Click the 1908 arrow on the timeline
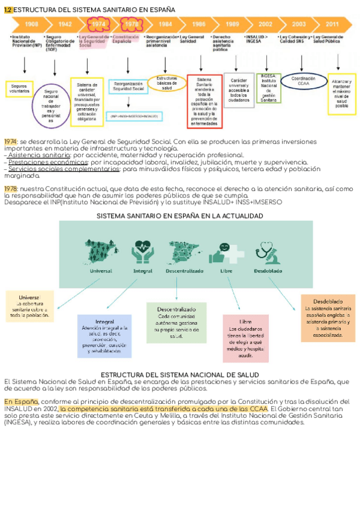coord(32,24)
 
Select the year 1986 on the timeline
coord(199,24)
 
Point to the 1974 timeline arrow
coord(98,24)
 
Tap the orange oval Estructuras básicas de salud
coord(167,83)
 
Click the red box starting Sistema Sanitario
coord(204,100)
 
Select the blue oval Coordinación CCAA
coord(304,81)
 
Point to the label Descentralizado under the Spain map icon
coord(185,271)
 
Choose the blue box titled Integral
coord(104,336)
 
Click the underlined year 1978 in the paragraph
coord(10,188)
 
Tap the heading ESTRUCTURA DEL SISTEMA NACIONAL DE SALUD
coord(179,375)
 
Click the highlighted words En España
coord(21,402)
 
